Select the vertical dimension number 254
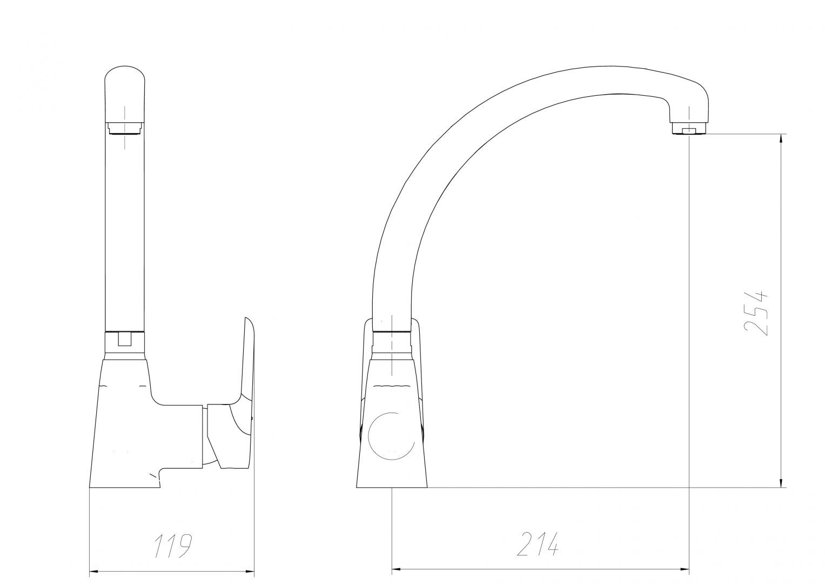[x=755, y=314]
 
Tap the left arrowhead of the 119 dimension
[x=95, y=572]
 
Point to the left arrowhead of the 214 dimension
[x=397, y=571]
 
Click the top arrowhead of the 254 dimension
[x=781, y=139]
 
